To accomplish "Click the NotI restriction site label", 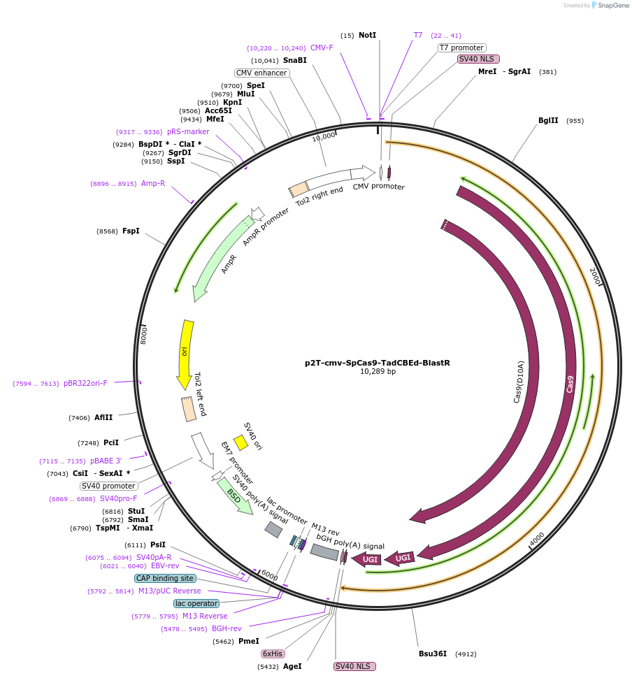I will pyautogui.click(x=367, y=35).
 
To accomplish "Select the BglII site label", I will pyautogui.click(x=548, y=120).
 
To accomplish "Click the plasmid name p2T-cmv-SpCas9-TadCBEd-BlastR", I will pyautogui.click(x=378, y=363).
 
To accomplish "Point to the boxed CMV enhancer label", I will pyautogui.click(x=261, y=73).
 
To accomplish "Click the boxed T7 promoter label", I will pyautogui.click(x=461, y=48).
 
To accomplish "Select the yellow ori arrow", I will pyautogui.click(x=185, y=353).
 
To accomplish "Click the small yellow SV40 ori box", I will pyautogui.click(x=240, y=442).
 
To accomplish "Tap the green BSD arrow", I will pyautogui.click(x=234, y=496).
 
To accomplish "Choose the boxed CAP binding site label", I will pyautogui.click(x=165, y=578).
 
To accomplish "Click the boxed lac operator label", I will pyautogui.click(x=196, y=603).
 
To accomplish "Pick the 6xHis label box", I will pyautogui.click(x=273, y=654).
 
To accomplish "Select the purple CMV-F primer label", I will pyautogui.click(x=322, y=48).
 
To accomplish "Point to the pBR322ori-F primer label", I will pyautogui.click(x=85, y=383).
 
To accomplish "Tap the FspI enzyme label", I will pyautogui.click(x=131, y=231).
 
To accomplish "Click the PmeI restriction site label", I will pyautogui.click(x=249, y=640).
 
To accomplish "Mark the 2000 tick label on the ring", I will pyautogui.click(x=595, y=277).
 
